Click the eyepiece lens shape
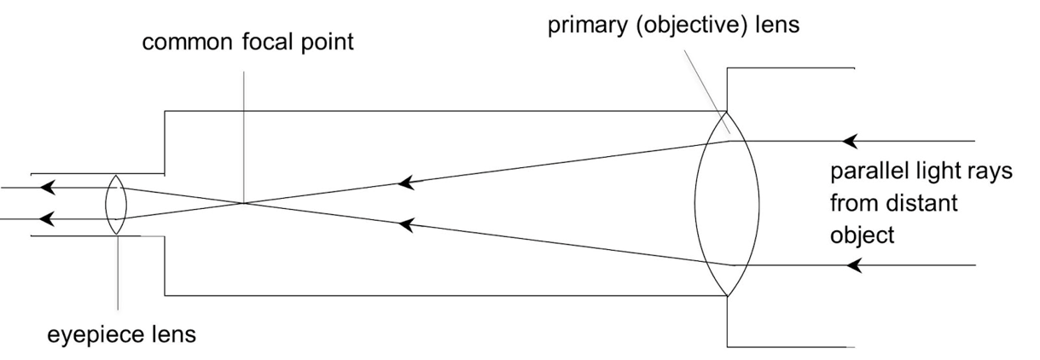116,205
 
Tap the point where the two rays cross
244,203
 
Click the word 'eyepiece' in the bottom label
91,334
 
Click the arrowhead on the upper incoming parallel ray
848,140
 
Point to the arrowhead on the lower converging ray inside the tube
408,225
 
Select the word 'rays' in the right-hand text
992,171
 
